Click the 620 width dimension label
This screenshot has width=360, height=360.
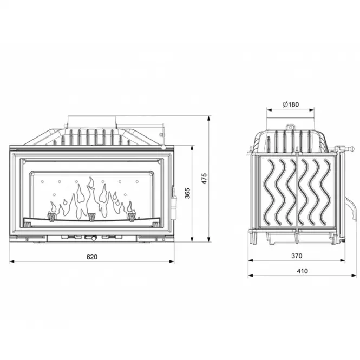click(92, 257)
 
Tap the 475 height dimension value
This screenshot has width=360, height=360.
click(204, 179)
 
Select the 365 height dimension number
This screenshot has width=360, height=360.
click(187, 193)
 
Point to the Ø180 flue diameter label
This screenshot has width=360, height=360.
click(291, 104)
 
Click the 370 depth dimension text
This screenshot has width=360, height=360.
click(297, 256)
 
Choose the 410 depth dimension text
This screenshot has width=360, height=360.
click(302, 271)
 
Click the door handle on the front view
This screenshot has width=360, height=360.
click(174, 202)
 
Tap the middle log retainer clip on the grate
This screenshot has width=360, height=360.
click(92, 217)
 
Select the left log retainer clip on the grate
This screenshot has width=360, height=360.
click(51, 217)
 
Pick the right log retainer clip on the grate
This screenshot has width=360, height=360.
click(132, 217)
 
